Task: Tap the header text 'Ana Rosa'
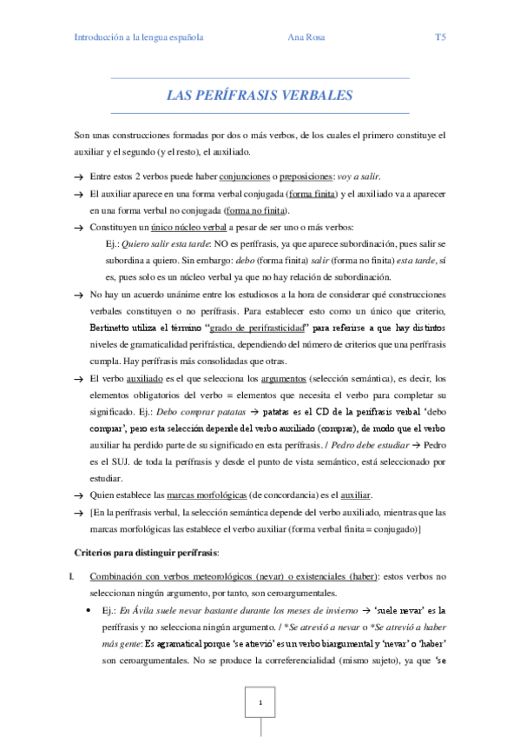(304, 38)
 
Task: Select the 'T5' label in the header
(440, 38)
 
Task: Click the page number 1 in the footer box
(260, 700)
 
